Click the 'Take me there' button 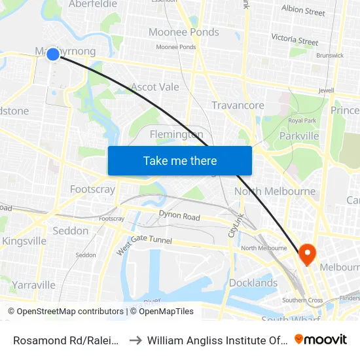click(x=179, y=160)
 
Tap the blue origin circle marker click(x=53, y=55)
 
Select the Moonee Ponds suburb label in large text click(x=183, y=32)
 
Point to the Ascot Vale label click(x=154, y=86)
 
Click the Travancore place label click(x=238, y=105)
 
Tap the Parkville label click(x=299, y=135)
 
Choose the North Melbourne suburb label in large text click(x=275, y=192)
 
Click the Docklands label click(x=253, y=283)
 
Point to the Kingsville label click(x=24, y=241)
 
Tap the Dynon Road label click(x=179, y=216)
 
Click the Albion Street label click(x=303, y=12)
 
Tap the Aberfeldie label click(x=93, y=5)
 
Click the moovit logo click(x=321, y=339)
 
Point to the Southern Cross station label click(x=302, y=300)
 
